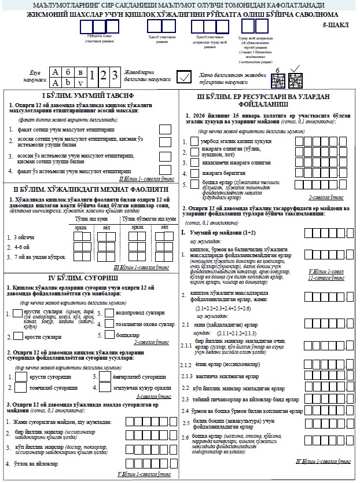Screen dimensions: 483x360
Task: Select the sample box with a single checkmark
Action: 185,77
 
